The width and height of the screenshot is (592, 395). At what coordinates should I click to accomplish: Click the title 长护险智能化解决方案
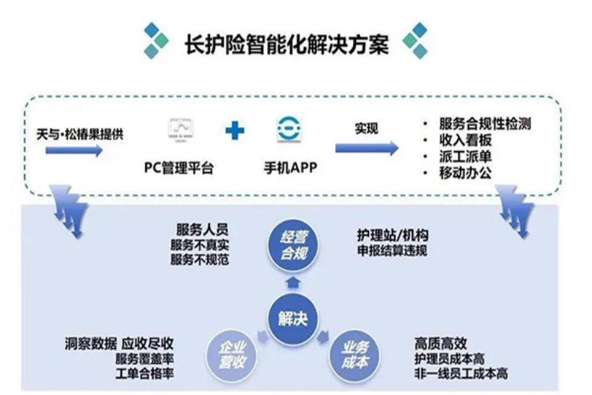click(x=286, y=45)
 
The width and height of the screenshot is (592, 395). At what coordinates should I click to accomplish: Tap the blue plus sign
click(x=235, y=130)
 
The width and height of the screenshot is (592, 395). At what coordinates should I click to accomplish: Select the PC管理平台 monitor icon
click(x=181, y=130)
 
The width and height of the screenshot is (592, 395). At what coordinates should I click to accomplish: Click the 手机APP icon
click(x=289, y=129)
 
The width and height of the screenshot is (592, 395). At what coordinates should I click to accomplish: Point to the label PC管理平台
click(x=178, y=168)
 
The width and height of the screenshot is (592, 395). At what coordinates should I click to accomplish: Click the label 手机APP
click(x=290, y=168)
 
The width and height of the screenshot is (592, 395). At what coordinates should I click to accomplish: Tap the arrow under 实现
click(x=367, y=148)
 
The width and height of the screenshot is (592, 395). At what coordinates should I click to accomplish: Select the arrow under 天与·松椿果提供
click(x=74, y=150)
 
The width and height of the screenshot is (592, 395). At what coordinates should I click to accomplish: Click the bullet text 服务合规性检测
click(x=484, y=123)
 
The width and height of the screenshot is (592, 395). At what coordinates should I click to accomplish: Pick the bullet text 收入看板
click(x=465, y=140)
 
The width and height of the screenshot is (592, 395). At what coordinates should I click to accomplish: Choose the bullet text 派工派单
click(x=465, y=156)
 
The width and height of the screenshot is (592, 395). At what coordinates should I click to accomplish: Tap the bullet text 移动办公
click(x=465, y=173)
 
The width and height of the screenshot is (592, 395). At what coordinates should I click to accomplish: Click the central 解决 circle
click(x=292, y=318)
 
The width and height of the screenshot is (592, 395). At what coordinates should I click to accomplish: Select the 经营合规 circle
click(x=293, y=246)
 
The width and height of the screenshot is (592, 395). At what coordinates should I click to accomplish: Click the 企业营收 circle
click(x=232, y=355)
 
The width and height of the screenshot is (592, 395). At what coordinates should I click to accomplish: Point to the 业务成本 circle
click(x=354, y=355)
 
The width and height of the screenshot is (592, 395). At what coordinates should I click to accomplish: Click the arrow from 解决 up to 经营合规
click(x=292, y=282)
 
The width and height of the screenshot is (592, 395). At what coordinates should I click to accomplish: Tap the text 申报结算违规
click(x=392, y=251)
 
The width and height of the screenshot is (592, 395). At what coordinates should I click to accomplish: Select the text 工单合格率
click(x=144, y=373)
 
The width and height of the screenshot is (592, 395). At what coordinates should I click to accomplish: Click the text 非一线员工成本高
click(x=461, y=373)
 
